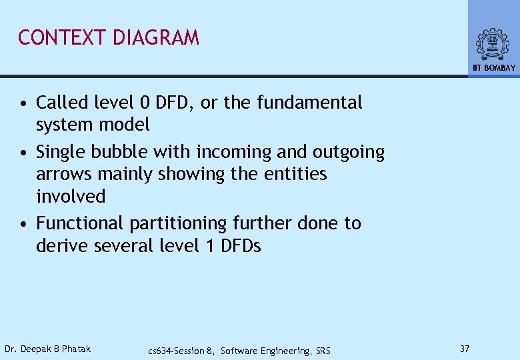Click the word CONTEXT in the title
63,38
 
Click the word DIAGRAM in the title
156,38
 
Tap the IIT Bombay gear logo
493,45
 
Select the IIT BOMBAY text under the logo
494,68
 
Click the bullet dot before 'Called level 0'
23,103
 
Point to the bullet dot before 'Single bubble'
23,153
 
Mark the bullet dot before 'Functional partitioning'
23,224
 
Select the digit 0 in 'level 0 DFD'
145,103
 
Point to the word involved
71,197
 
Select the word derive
62,246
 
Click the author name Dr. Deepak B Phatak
47,349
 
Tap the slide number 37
465,349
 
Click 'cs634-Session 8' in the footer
181,351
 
